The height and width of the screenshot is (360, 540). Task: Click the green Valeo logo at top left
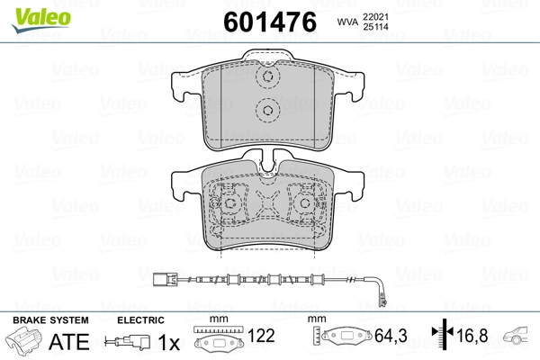pyautogui.click(x=41, y=20)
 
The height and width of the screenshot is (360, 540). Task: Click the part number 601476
pyautogui.click(x=270, y=22)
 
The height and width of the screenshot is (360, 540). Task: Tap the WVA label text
pyautogui.click(x=347, y=22)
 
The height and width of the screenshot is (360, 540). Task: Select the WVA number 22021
pyautogui.click(x=375, y=16)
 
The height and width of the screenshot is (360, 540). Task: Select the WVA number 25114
pyautogui.click(x=375, y=26)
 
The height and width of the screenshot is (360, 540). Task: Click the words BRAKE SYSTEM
pyautogui.click(x=50, y=320)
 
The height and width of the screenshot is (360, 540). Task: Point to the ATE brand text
pyautogui.click(x=69, y=342)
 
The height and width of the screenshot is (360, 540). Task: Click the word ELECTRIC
pyautogui.click(x=140, y=320)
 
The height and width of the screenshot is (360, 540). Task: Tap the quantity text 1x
pyautogui.click(x=169, y=342)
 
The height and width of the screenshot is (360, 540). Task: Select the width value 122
pyautogui.click(x=261, y=336)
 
